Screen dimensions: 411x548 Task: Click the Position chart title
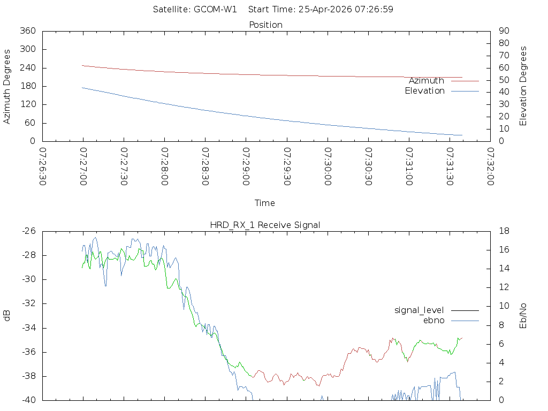[x=265, y=25]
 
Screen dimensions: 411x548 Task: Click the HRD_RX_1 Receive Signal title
[x=265, y=225]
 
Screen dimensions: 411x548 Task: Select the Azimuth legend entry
[x=427, y=81]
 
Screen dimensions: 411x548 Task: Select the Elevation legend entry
[x=424, y=91]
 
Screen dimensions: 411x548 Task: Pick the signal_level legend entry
[x=419, y=310]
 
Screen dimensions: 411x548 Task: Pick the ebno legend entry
[x=433, y=320]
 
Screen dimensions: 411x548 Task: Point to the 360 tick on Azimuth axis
[x=27, y=31]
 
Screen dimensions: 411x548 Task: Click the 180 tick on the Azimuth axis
[x=27, y=86]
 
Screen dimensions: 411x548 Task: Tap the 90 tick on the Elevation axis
[x=503, y=31]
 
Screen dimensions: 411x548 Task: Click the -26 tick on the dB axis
[x=29, y=231]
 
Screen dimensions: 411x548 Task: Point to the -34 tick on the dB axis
[x=29, y=328]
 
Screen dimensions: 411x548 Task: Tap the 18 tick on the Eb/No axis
[x=503, y=231]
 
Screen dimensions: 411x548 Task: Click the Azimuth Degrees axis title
[x=7, y=86]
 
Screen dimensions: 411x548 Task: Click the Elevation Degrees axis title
[x=523, y=86]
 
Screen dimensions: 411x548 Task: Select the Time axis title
[x=265, y=203]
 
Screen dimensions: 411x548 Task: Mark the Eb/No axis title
[x=523, y=316]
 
